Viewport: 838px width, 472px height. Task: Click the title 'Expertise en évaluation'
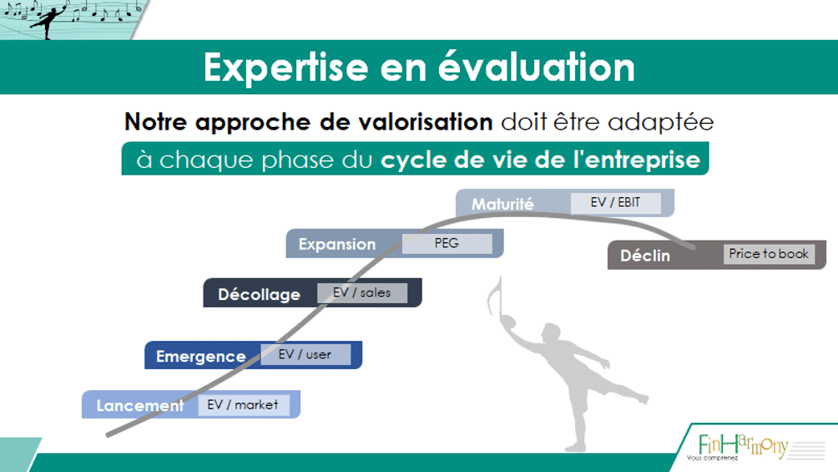(419, 67)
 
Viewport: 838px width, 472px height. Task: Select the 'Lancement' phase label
(140, 406)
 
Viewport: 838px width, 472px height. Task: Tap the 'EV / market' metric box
(243, 404)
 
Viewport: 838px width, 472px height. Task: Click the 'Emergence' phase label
(201, 357)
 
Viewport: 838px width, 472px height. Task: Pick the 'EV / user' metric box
(305, 354)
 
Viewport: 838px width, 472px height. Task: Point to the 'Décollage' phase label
(260, 294)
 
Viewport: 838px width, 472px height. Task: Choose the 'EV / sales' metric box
(361, 292)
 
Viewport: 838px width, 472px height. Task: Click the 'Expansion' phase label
(337, 244)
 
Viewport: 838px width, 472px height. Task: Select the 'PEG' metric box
(447, 243)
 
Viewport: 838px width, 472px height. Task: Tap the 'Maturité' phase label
(502, 204)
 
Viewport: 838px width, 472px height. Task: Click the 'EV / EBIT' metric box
(616, 203)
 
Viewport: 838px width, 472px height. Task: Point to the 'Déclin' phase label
(645, 256)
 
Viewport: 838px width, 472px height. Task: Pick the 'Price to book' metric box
(769, 254)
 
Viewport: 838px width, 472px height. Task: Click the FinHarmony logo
(744, 446)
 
